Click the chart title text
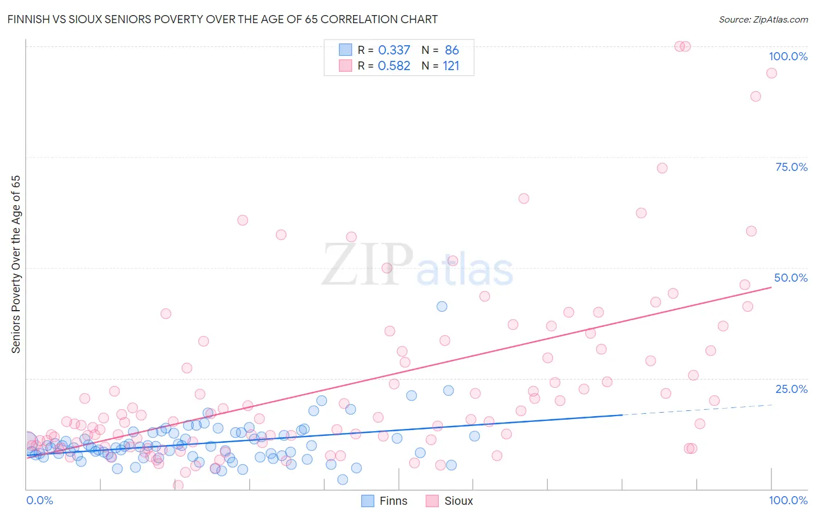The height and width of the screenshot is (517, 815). [223, 19]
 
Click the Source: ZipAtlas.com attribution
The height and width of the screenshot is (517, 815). [763, 19]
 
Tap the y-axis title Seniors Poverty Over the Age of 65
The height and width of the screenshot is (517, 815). [16, 264]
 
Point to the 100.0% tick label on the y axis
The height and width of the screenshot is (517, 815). [788, 56]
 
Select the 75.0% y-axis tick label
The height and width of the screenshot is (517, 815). [791, 167]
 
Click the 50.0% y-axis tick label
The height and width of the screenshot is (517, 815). [791, 278]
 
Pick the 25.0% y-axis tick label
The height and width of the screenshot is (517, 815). [791, 389]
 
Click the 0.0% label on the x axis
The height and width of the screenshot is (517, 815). [39, 500]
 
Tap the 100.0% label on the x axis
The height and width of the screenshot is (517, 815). [788, 500]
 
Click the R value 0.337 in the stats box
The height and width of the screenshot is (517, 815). [394, 50]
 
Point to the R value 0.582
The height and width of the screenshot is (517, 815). [394, 66]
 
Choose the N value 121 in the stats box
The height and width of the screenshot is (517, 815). [451, 66]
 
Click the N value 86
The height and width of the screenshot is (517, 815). [452, 50]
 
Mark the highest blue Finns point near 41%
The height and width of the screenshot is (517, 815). [442, 306]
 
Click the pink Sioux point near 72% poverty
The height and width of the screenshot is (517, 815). [662, 168]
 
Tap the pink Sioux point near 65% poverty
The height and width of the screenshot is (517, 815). [523, 198]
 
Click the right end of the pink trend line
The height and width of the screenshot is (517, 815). [771, 287]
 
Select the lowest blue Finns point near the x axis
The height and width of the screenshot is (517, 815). [343, 479]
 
